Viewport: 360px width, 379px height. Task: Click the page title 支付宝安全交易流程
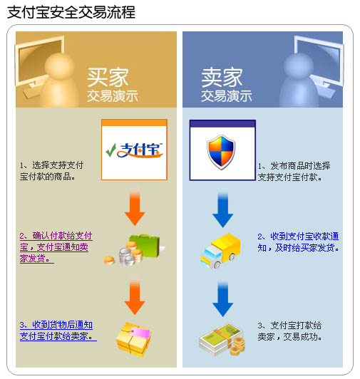pyautogui.click(x=71, y=12)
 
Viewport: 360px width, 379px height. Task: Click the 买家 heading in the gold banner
pyautogui.click(x=108, y=77)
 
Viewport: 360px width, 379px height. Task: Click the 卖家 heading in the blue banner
pyautogui.click(x=222, y=77)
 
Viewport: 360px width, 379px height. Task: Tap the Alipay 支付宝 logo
pyautogui.click(x=134, y=150)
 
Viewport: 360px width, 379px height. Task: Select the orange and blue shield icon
pyautogui.click(x=221, y=152)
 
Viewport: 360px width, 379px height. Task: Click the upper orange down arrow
pyautogui.click(x=135, y=208)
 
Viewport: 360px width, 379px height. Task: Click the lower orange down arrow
pyautogui.click(x=135, y=297)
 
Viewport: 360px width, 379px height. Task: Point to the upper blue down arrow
pyautogui.click(x=223, y=209)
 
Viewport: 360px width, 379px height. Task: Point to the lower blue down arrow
pyautogui.click(x=223, y=298)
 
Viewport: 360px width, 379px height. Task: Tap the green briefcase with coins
pyautogui.click(x=135, y=249)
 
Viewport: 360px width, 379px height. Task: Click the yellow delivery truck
pyautogui.click(x=221, y=251)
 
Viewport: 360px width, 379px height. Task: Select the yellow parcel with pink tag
pyautogui.click(x=133, y=340)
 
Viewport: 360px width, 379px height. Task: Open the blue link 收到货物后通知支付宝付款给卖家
pyautogui.click(x=58, y=331)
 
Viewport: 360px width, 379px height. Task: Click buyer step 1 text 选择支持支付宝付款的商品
pyautogui.click(x=51, y=171)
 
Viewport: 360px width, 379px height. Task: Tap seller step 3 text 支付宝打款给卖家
pyautogui.click(x=289, y=331)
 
